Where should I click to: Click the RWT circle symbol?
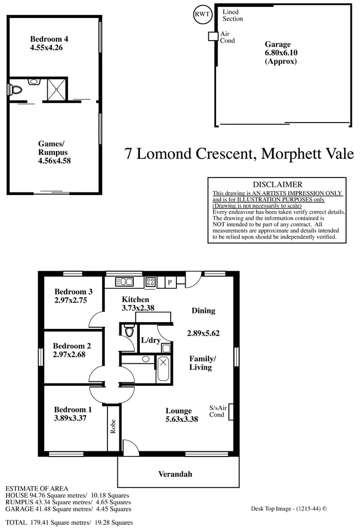[x=201, y=14]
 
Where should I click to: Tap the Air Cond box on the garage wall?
[x=212, y=36]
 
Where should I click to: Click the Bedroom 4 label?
[x=49, y=43]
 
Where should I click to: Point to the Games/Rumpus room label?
[x=54, y=152]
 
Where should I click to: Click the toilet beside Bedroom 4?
[x=17, y=91]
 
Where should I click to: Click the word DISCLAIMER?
[x=278, y=184]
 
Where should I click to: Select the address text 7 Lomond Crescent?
[x=190, y=154]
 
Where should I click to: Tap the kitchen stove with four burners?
[x=152, y=281]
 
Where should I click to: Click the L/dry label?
[x=150, y=341]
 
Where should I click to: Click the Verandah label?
[x=175, y=473]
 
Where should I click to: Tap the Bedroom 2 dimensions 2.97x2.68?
[x=71, y=355]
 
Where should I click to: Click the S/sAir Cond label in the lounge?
[x=217, y=411]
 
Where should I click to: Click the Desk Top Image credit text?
[x=289, y=508]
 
